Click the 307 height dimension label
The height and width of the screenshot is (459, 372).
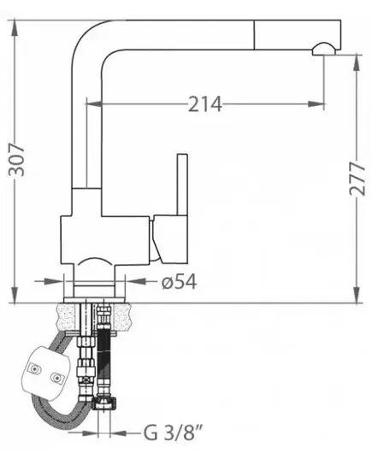tap(16, 160)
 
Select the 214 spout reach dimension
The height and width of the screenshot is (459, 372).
tap(204, 104)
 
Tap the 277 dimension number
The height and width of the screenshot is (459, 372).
tap(357, 179)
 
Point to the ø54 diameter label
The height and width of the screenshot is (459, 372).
tap(179, 281)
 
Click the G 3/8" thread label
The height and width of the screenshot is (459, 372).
tap(173, 433)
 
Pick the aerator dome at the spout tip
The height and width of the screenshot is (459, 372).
tap(323, 49)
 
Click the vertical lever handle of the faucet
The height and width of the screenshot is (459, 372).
tap(182, 185)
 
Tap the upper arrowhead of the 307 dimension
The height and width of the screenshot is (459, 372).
tap(15, 29)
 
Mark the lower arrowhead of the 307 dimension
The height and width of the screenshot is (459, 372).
tap(15, 295)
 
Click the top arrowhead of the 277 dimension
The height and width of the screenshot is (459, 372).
tap(357, 63)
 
